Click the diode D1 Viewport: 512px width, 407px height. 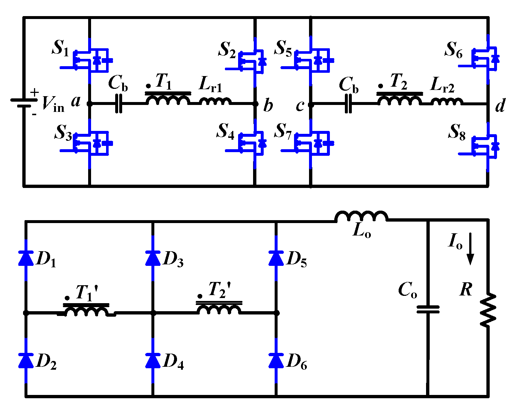point(26,258)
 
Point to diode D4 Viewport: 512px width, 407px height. point(153,360)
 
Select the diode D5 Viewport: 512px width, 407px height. point(276,258)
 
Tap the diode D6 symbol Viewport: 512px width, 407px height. point(276,360)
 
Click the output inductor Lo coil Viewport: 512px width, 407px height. point(361,216)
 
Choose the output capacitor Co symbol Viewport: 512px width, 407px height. point(428,309)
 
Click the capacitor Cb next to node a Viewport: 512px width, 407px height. point(118,104)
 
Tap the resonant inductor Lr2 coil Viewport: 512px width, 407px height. point(446,101)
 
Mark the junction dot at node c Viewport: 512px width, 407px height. point(311,105)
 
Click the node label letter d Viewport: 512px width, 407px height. point(500,106)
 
